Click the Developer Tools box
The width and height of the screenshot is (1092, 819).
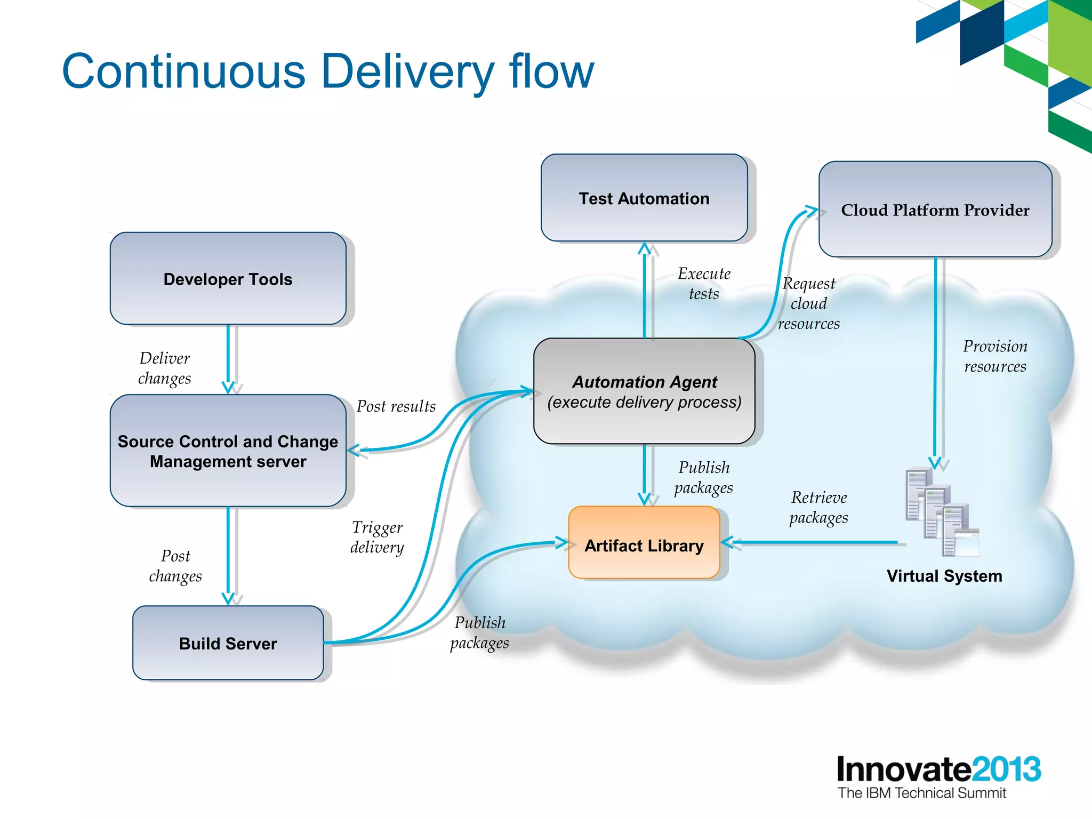point(228,279)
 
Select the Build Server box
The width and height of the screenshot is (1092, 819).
point(228,643)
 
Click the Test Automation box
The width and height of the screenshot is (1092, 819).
point(644,198)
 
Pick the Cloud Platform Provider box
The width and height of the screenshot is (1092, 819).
point(935,210)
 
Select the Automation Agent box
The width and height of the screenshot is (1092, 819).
point(644,391)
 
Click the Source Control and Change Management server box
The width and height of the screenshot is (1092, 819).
point(228,451)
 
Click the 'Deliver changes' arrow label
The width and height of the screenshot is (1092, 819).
point(164,368)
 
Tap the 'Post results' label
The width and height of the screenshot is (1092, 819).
point(396,406)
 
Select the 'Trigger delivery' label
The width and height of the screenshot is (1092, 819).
point(377,537)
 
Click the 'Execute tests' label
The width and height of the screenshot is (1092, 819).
point(704,283)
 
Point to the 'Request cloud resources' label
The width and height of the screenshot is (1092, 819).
point(808,303)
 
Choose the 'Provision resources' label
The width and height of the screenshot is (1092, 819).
point(995,356)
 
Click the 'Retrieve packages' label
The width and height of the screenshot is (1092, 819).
point(818,507)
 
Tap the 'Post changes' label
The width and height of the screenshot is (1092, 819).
point(175,566)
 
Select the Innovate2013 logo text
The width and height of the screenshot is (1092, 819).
point(938,769)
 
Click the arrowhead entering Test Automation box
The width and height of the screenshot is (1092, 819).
point(645,248)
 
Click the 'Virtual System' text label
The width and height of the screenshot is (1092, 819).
point(944,576)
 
